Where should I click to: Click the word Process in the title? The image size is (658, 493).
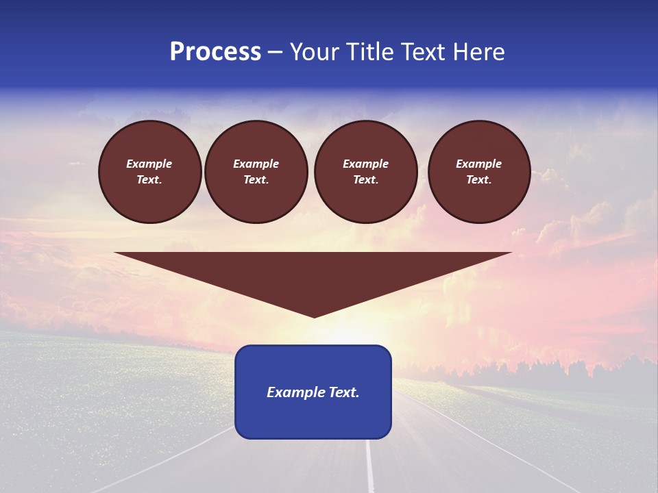[x=215, y=52]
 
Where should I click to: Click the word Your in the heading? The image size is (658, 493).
[x=315, y=52]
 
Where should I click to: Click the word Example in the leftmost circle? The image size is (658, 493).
[x=149, y=164]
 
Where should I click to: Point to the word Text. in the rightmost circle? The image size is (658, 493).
[x=479, y=179]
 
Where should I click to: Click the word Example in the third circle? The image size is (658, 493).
[x=365, y=164]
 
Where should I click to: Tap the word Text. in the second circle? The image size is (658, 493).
[x=256, y=179]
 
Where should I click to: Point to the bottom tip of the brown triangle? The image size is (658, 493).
[x=314, y=316]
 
